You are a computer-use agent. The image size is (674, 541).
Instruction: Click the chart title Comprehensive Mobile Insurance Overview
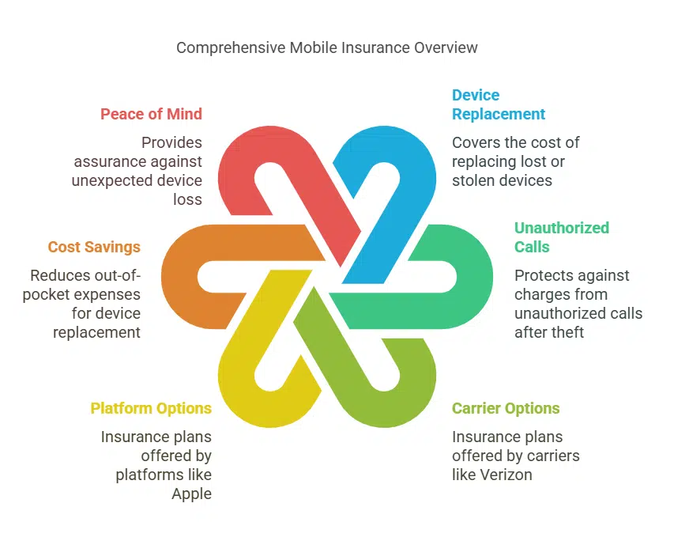326,47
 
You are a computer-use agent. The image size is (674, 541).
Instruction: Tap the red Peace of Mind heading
151,114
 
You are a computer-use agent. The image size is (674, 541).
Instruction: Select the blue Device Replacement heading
498,104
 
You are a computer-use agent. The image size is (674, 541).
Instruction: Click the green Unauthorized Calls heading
561,237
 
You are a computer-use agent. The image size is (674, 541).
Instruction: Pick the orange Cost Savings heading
94,247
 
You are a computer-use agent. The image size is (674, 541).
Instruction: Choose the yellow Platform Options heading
151,408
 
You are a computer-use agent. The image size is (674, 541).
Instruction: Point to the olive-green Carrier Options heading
506,408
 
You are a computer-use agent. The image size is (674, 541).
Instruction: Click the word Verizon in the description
506,475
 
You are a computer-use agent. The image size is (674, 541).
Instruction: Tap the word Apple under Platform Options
191,494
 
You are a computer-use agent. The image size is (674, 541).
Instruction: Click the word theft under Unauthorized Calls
565,332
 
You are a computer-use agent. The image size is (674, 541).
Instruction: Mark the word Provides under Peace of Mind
171,142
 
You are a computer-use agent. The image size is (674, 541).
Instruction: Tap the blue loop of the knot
411,170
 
